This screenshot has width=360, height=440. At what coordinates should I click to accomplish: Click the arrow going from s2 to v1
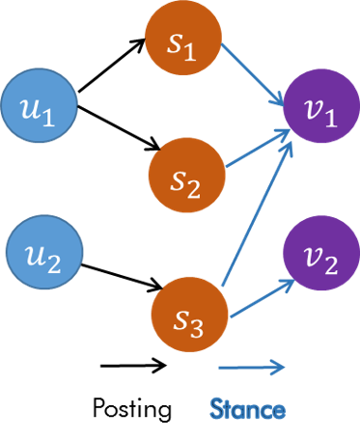tap(256, 150)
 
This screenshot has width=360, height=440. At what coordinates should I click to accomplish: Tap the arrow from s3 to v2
tap(261, 299)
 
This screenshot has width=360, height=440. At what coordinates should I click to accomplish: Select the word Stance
tap(249, 410)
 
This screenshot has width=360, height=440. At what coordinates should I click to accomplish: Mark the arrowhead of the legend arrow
tap(281, 366)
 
